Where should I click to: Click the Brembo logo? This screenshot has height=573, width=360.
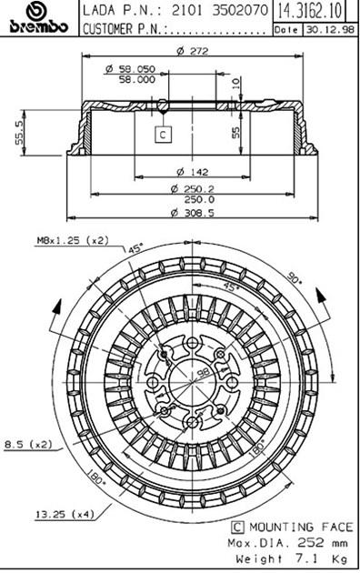tap(39, 18)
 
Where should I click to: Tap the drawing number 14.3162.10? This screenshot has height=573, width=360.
tap(310, 10)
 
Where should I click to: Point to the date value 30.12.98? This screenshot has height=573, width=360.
tap(330, 30)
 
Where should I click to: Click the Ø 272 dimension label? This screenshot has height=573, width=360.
tap(193, 50)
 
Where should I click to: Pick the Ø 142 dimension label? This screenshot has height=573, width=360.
tap(193, 171)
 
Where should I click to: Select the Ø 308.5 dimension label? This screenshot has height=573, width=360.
tap(193, 212)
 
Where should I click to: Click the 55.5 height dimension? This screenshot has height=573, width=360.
tap(20, 133)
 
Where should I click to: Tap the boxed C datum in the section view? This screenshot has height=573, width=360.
tap(163, 135)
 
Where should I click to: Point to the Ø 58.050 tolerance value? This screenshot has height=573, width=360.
tap(130, 68)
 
